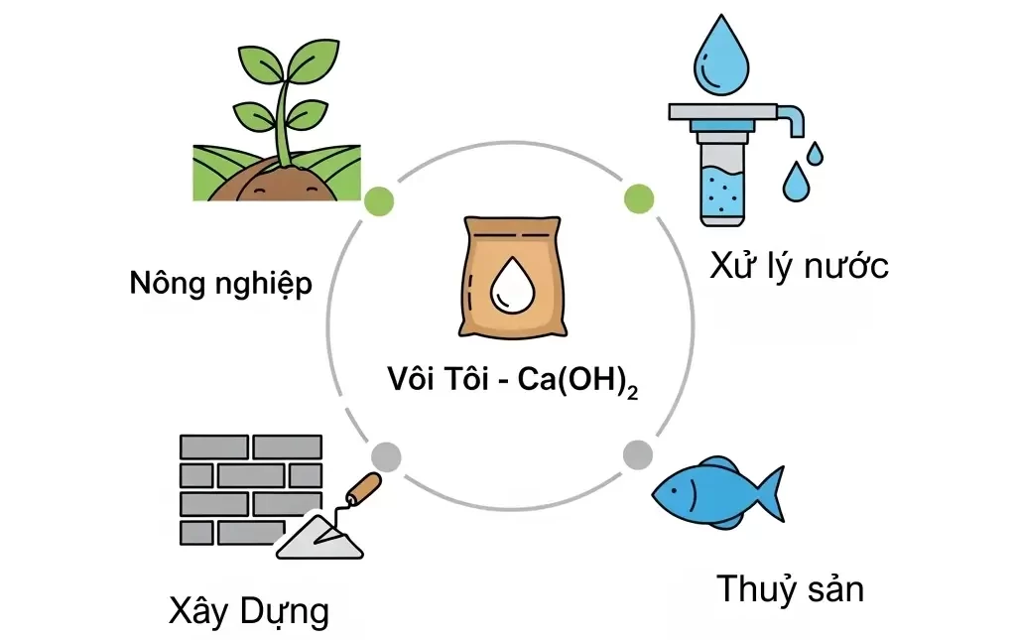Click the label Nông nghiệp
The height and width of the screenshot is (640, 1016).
point(220,285)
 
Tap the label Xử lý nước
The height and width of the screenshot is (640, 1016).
point(798,266)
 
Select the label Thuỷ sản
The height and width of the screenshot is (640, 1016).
point(790,588)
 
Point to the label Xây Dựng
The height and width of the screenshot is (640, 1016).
point(248,610)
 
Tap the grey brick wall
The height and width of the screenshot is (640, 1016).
point(248,486)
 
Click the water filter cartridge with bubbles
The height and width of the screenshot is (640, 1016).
point(722,179)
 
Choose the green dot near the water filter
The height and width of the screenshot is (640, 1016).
point(638,198)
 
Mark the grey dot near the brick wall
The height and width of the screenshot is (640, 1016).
point(385,456)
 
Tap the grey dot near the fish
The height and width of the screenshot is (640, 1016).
point(637,455)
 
